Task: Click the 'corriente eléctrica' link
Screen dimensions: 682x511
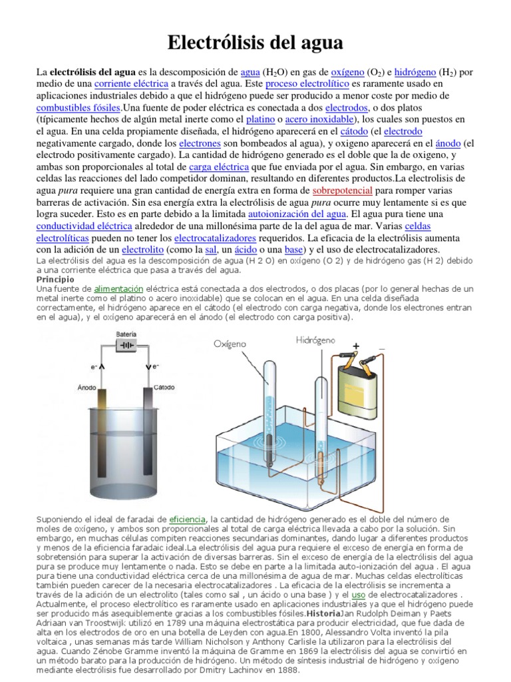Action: click(131, 83)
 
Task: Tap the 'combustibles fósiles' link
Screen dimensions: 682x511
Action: click(78, 107)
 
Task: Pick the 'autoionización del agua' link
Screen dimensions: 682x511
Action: click(297, 214)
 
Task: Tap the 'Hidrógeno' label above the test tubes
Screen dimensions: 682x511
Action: click(317, 340)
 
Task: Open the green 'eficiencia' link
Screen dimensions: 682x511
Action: click(187, 518)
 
